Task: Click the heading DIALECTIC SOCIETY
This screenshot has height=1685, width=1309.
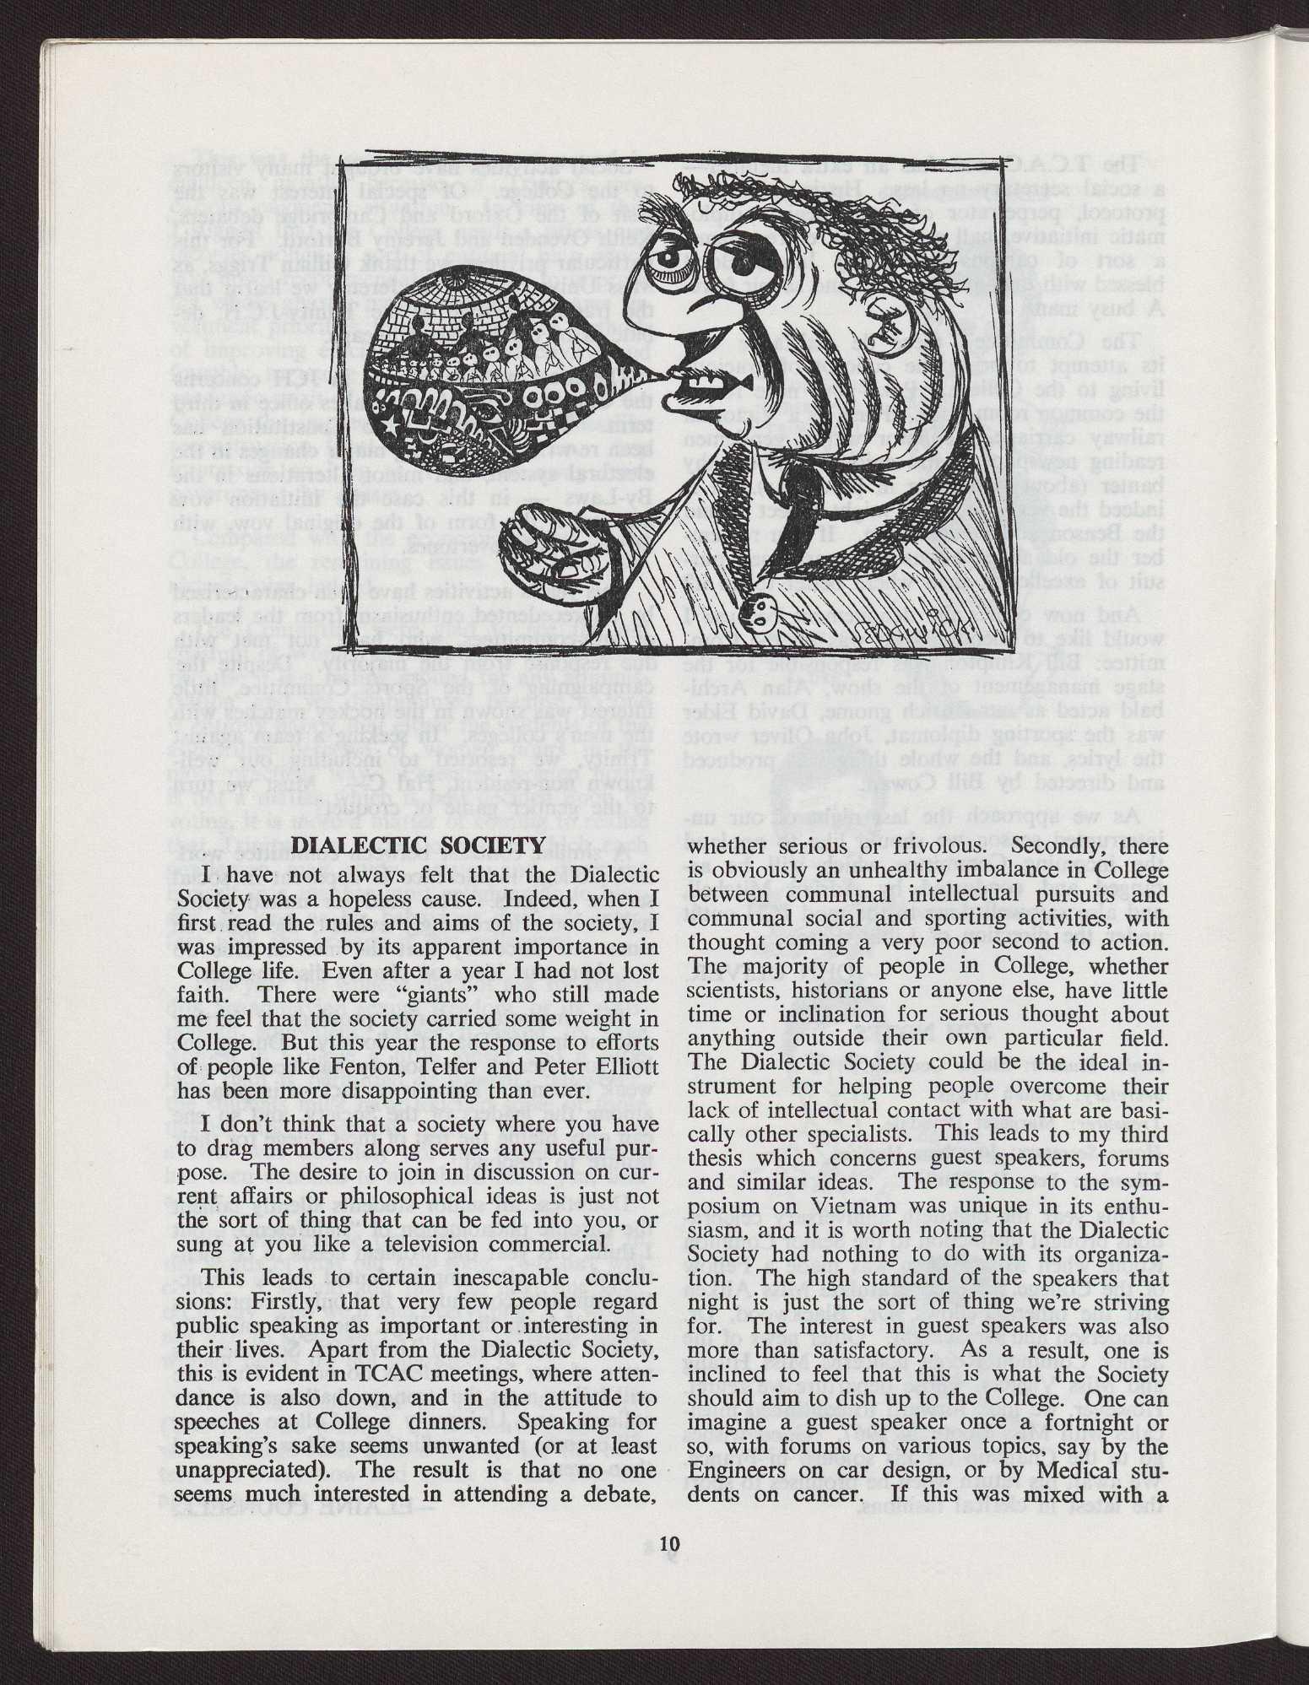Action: (x=418, y=846)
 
